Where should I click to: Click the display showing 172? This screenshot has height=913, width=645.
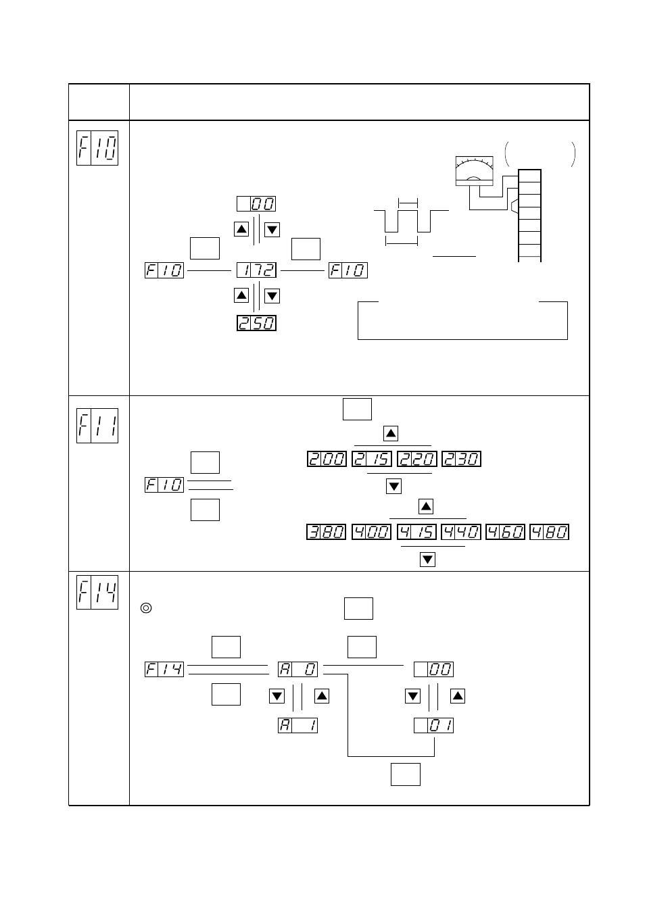(x=256, y=270)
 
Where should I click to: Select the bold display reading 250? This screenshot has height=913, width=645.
(x=256, y=323)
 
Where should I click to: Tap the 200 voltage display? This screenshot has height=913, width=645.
(x=327, y=459)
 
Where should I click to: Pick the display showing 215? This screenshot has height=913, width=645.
(x=371, y=459)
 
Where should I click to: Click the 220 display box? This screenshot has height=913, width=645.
(x=416, y=459)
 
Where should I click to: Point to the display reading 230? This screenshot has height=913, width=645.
(x=461, y=459)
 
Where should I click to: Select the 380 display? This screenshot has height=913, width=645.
(x=326, y=532)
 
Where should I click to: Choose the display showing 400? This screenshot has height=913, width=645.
(x=371, y=532)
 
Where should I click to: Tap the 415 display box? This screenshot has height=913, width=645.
(x=416, y=532)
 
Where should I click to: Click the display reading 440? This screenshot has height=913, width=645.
(x=461, y=532)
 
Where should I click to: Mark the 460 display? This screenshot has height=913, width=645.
(x=506, y=532)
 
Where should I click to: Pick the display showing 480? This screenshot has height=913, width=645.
(x=549, y=532)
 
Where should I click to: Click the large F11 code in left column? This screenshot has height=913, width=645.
(x=97, y=426)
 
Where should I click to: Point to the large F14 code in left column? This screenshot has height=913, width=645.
(x=97, y=592)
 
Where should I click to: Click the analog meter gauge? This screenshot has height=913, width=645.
(x=474, y=171)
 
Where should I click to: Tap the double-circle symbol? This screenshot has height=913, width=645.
(x=146, y=608)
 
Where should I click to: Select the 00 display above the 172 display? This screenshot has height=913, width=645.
(x=256, y=204)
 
